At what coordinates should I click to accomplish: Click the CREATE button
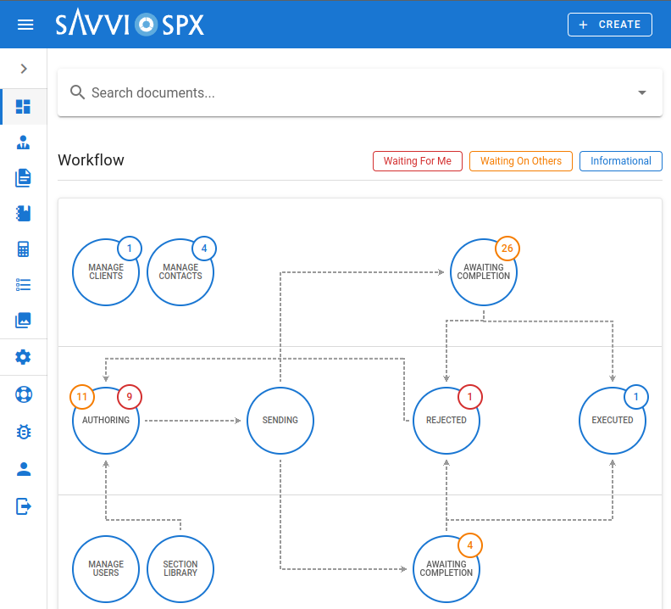click(609, 25)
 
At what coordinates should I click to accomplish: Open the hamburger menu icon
click(25, 25)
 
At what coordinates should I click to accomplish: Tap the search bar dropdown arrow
click(641, 92)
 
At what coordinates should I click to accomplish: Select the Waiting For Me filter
click(418, 161)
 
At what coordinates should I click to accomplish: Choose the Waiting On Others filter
click(521, 161)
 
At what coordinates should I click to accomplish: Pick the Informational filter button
click(621, 161)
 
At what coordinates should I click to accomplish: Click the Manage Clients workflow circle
click(106, 272)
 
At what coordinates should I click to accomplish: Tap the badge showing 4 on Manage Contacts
click(203, 249)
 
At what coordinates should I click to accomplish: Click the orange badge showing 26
click(507, 249)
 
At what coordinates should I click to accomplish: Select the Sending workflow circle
click(280, 420)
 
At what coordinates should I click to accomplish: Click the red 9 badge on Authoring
click(130, 397)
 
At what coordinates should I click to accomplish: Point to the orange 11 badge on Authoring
click(82, 397)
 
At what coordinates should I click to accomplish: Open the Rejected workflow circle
click(446, 421)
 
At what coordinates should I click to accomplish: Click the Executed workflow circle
click(613, 421)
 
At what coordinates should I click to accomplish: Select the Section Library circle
click(180, 568)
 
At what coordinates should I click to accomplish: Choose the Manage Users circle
click(106, 568)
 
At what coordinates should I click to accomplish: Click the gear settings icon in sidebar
click(24, 357)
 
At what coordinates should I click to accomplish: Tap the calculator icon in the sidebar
click(24, 249)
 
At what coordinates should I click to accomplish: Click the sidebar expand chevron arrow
click(24, 69)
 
